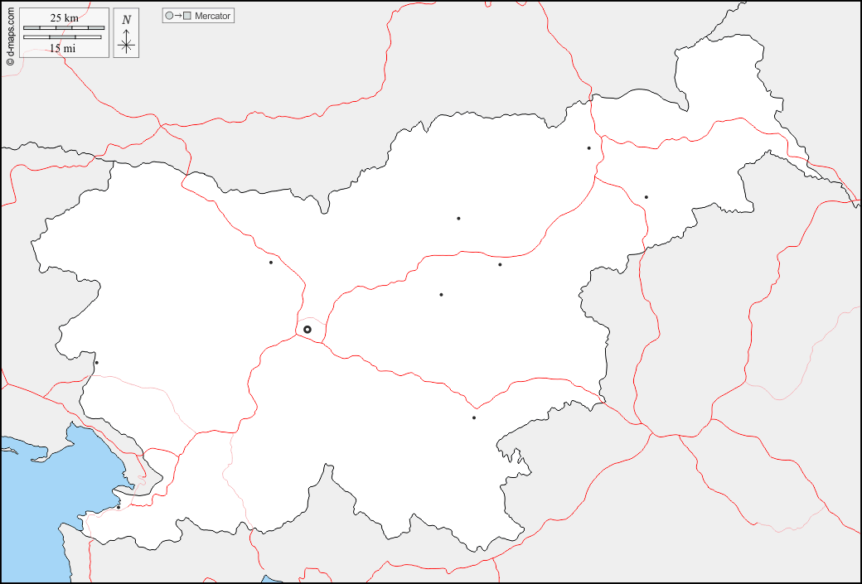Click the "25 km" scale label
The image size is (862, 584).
[x=64, y=18]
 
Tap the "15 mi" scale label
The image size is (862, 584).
[x=62, y=48]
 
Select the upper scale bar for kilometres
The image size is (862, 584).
[x=63, y=28]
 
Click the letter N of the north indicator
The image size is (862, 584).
[x=126, y=20]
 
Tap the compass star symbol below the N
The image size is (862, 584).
[x=126, y=44]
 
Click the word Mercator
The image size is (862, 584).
[x=213, y=16]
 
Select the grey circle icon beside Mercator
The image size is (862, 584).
[x=169, y=16]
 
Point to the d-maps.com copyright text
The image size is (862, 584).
[x=10, y=37]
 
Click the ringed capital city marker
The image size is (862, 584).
[x=308, y=330]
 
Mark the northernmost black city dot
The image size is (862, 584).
[x=588, y=148]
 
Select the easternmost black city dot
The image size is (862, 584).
[x=646, y=197]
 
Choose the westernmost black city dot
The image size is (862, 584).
[x=96, y=363]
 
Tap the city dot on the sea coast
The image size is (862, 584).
[x=118, y=507]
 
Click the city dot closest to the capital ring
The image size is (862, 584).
[x=271, y=263]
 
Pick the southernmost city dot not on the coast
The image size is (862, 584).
[x=474, y=417]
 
